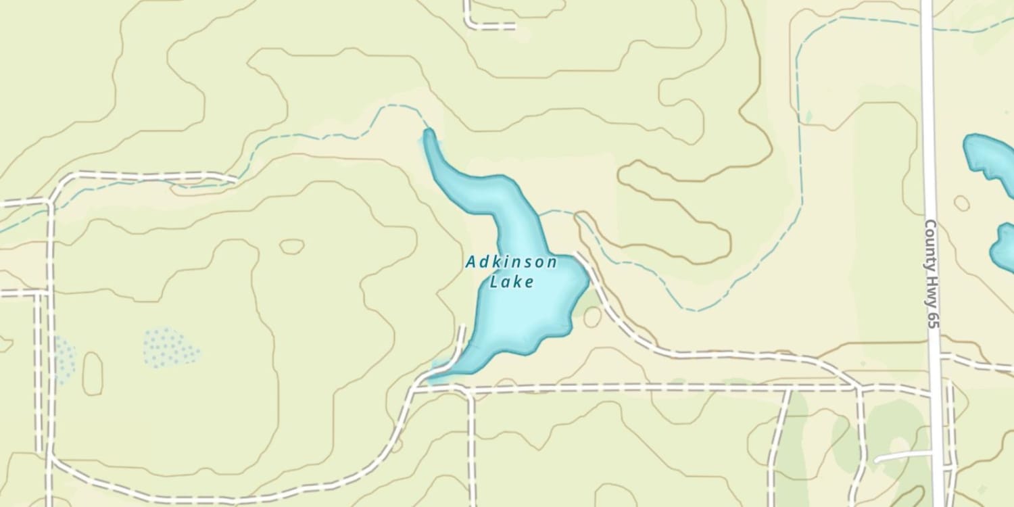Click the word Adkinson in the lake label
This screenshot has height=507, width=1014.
click(x=511, y=262)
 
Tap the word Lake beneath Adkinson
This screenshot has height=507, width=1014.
click(x=512, y=282)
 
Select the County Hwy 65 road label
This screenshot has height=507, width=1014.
click(x=932, y=274)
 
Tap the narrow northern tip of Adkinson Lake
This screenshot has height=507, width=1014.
click(x=428, y=135)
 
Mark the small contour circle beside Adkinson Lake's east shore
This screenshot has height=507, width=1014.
click(x=593, y=317)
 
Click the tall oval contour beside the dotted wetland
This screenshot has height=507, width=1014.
click(x=93, y=373)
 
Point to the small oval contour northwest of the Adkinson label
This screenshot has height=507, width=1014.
click(x=292, y=247)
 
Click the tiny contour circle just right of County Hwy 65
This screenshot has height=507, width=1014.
click(x=961, y=203)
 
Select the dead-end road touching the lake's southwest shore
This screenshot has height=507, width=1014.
click(x=460, y=345)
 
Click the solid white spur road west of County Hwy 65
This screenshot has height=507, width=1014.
click(x=902, y=456)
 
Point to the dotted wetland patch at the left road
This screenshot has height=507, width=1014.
click(x=64, y=358)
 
